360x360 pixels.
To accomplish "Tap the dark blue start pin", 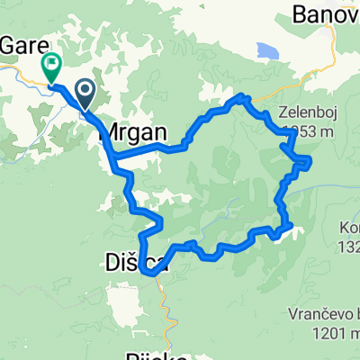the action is pos(85,90).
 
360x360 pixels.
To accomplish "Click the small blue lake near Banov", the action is pos(268,50).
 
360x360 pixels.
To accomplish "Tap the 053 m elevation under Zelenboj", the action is pos(306,134).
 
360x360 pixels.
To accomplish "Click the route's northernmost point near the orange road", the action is pos(240,96).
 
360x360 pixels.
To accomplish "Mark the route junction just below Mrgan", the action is pos(114,160).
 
